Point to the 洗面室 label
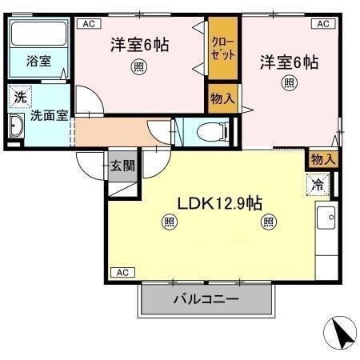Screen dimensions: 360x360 [48, 115]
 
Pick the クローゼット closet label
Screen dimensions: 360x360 [223, 50]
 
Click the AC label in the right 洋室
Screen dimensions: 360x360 [323, 24]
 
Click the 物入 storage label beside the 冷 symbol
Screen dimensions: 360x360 [323, 159]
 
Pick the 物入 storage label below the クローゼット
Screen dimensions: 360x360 [222, 99]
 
